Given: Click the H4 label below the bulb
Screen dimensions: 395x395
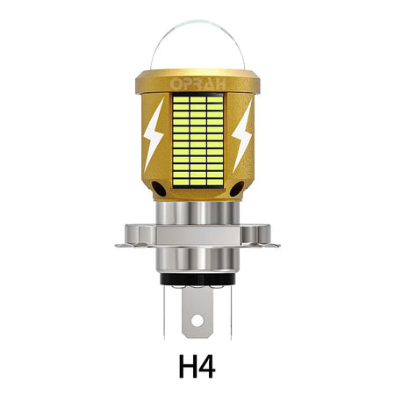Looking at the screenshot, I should (x=197, y=365).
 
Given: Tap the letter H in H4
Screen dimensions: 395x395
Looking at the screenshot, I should (x=187, y=365).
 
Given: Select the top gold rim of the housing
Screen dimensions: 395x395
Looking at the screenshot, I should (x=197, y=78).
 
